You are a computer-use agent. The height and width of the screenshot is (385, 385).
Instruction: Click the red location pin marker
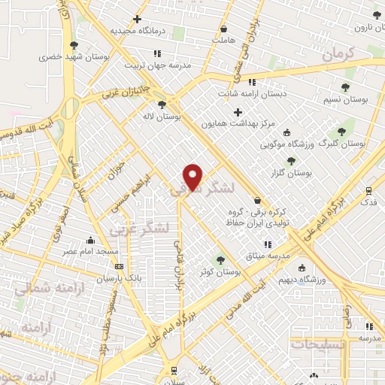click(193, 176)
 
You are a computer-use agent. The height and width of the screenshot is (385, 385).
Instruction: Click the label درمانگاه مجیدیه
click(137, 31)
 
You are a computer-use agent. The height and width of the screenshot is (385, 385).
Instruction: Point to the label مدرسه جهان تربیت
click(156, 64)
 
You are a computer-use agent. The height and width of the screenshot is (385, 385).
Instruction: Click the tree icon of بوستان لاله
click(162, 105)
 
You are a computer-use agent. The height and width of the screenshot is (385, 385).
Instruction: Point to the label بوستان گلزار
click(293, 172)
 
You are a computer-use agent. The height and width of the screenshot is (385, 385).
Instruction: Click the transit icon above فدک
click(368, 191)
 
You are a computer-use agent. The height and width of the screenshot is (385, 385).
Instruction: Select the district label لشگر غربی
click(140, 226)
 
